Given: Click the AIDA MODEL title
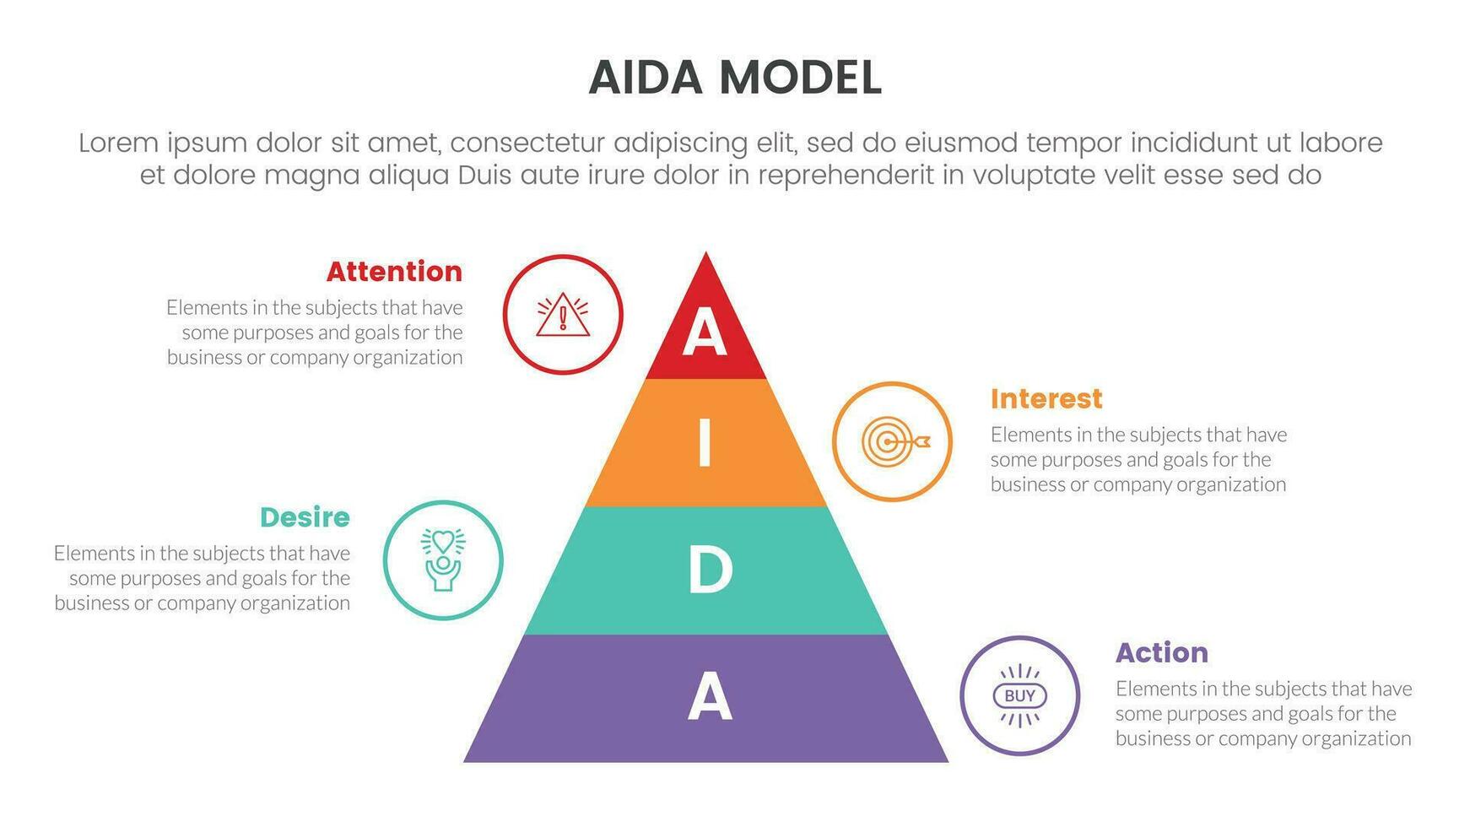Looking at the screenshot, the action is [x=734, y=78].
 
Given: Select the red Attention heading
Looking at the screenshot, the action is [x=394, y=272].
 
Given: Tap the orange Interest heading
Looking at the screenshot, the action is [x=1046, y=398].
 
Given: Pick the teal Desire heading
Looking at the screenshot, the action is [x=305, y=517].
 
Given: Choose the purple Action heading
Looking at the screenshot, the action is [x=1161, y=652].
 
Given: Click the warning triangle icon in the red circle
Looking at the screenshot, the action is [x=563, y=316].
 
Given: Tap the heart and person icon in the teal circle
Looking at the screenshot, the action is [x=443, y=559].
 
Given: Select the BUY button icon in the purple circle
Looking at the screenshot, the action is [x=1019, y=695].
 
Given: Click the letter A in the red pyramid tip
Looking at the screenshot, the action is [x=705, y=334].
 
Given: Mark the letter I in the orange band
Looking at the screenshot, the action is [x=705, y=445].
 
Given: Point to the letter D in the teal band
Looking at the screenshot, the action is [x=709, y=570].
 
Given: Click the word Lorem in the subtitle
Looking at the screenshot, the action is [x=118, y=143].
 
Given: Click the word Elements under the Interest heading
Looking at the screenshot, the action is [x=1024, y=435].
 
